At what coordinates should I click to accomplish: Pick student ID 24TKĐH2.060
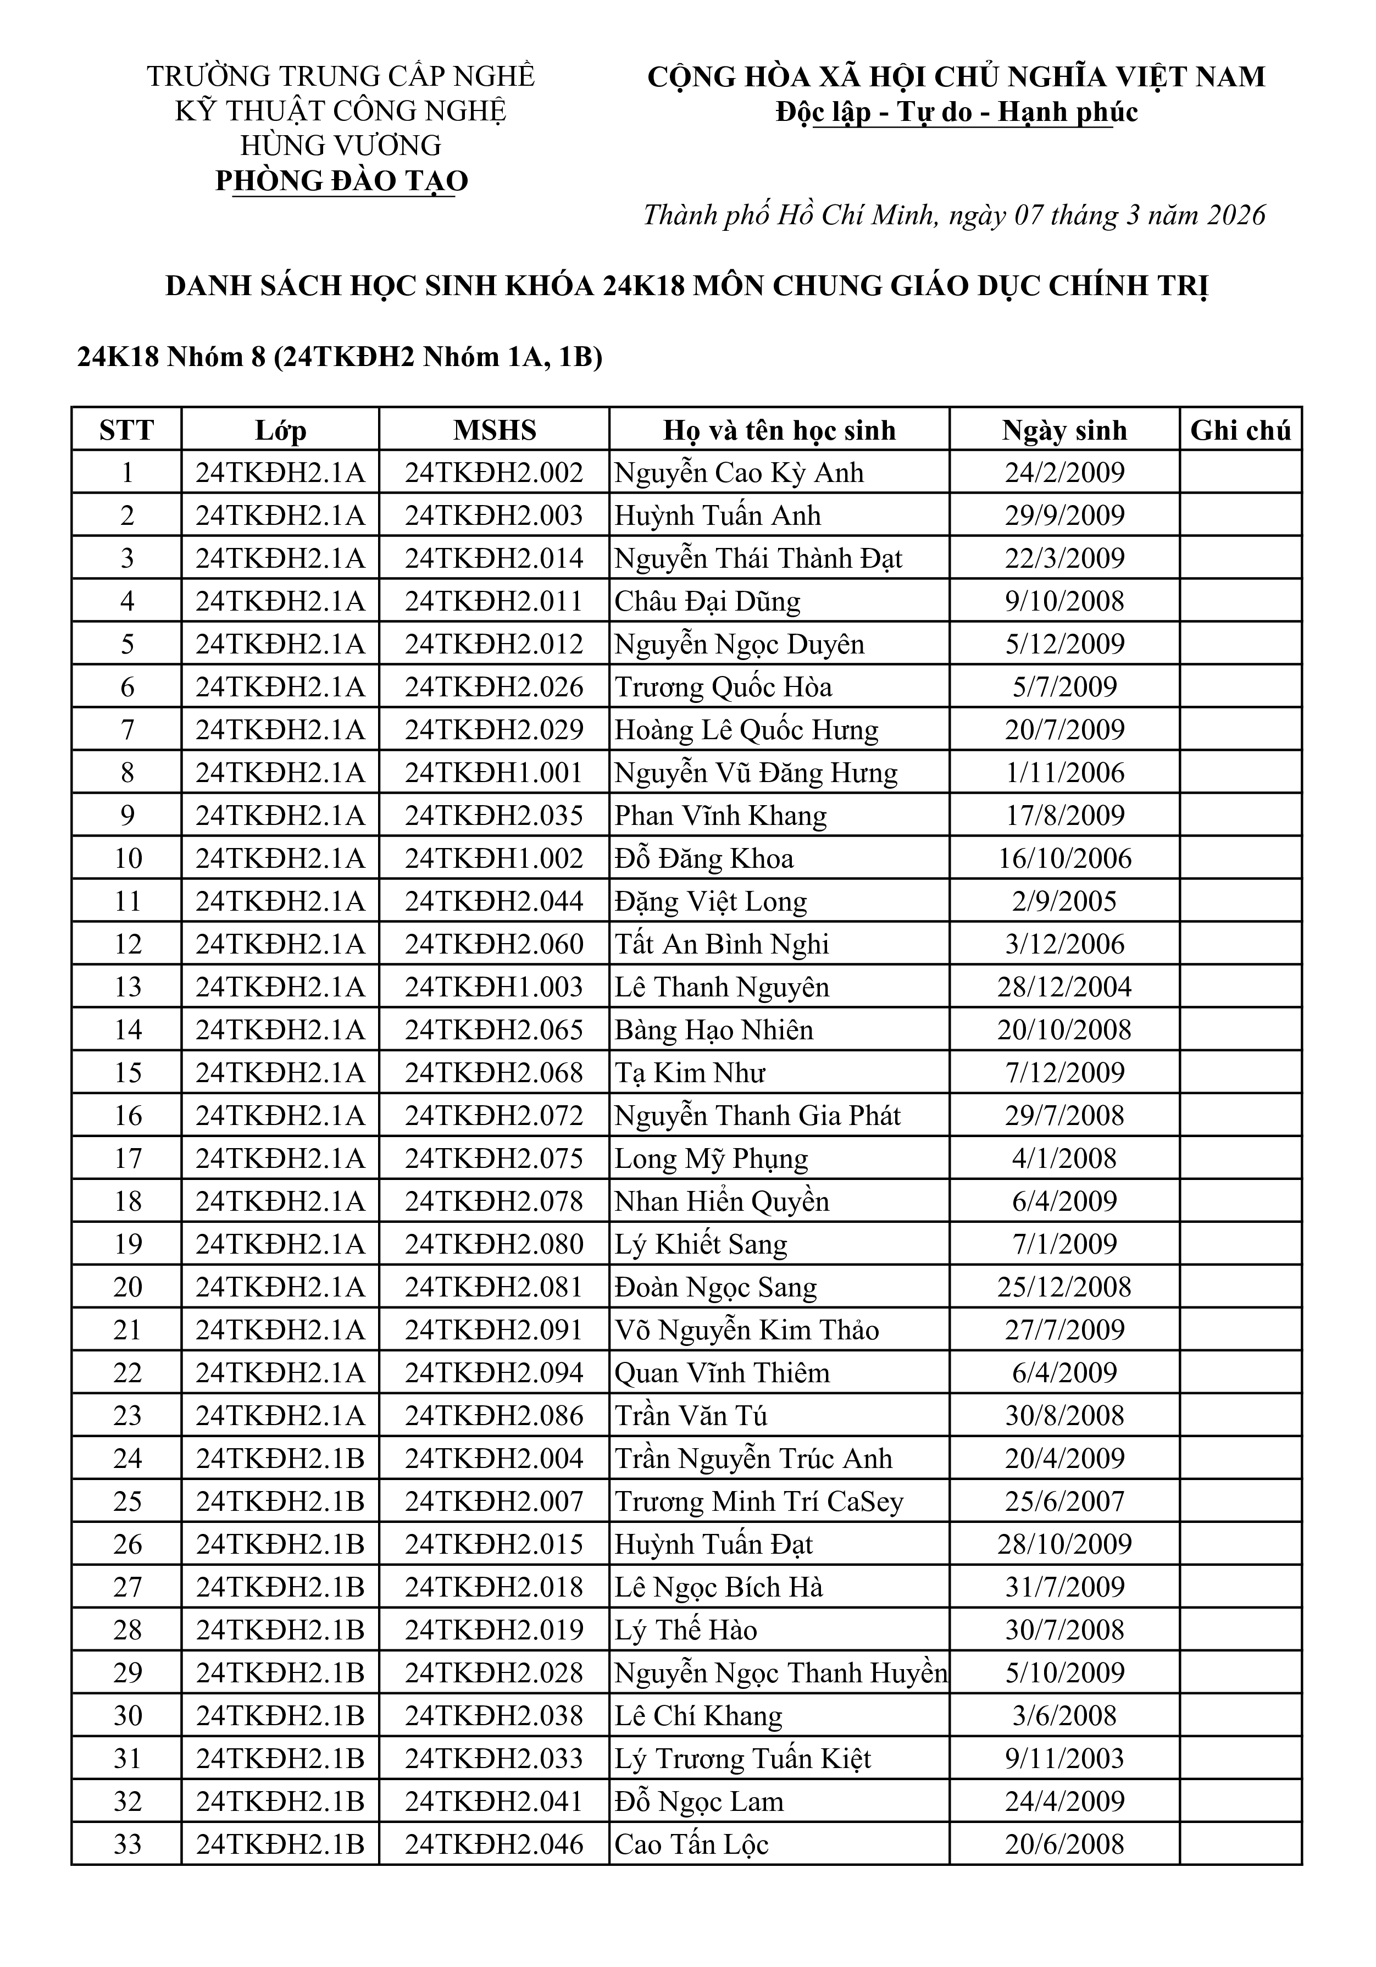point(495,944)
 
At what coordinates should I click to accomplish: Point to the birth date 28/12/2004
point(1064,987)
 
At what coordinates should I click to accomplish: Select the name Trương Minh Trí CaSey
point(758,1501)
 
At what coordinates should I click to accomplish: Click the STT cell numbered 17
point(127,1158)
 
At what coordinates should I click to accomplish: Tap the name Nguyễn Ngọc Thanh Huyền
point(780,1672)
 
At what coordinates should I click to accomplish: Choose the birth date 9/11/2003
point(1064,1758)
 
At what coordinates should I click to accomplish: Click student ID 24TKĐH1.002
point(495,858)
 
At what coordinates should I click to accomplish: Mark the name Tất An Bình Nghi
point(722,944)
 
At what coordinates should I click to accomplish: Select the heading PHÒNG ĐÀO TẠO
point(342,181)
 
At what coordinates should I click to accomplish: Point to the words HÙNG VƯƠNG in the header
point(341,146)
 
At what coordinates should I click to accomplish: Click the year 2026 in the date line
point(1235,215)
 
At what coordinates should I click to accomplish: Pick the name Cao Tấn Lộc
point(691,1844)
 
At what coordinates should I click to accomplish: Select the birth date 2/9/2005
point(1064,901)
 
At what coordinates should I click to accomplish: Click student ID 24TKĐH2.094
point(495,1372)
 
